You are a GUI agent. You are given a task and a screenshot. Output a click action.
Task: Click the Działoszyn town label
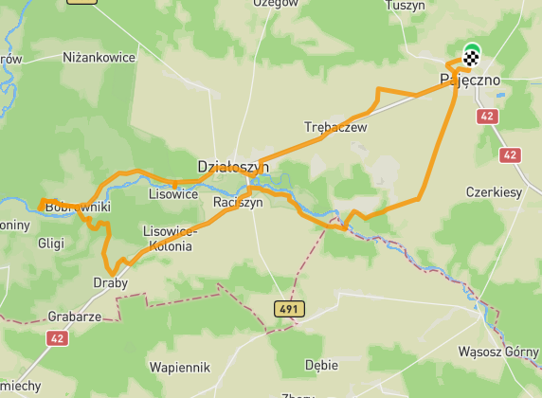coord(233,167)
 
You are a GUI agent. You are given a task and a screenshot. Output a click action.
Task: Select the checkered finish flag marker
coord(471,58)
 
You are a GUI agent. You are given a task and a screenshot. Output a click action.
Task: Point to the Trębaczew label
coord(335,127)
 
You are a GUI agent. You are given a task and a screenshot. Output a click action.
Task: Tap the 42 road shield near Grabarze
coord(60,337)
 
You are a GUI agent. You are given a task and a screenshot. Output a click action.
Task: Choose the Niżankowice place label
coord(99,58)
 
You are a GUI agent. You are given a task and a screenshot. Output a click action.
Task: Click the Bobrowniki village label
coord(79,206)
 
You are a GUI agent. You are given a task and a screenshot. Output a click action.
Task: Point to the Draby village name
coord(111,282)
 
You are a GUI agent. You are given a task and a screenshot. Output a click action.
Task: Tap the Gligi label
coord(50,244)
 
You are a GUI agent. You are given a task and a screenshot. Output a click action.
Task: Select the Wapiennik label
coord(180,366)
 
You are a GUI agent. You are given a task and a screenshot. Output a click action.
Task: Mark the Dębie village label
coord(321,363)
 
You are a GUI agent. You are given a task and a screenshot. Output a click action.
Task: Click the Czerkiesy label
coord(494,191)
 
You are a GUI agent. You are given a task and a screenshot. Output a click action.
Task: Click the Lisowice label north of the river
coord(173,194)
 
